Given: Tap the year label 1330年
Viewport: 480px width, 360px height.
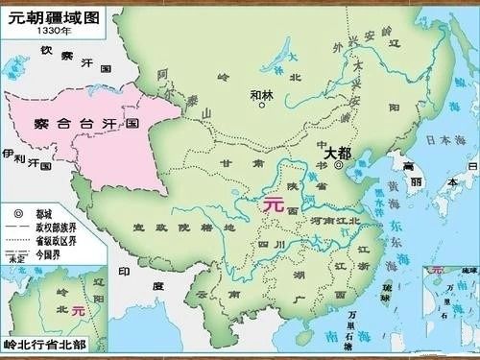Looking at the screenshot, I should point(54,31).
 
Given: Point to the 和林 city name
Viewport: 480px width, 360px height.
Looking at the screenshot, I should point(261,94).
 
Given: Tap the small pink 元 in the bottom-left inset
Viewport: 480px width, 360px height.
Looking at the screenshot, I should point(79,311).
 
